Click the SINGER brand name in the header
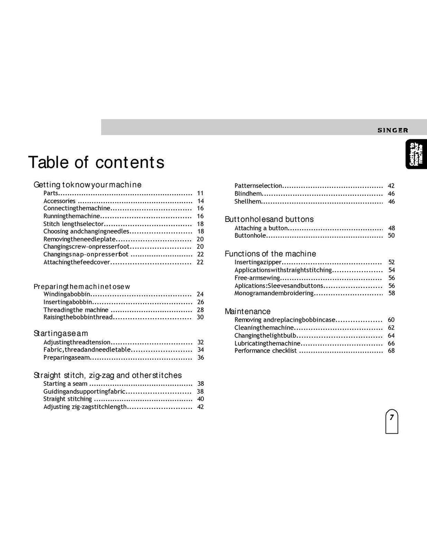[x=393, y=130]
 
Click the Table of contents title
[x=96, y=162]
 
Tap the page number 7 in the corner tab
[x=392, y=417]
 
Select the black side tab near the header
[x=416, y=154]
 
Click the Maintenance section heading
[x=248, y=312]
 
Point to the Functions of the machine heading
[x=270, y=254]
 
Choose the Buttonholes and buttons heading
[x=269, y=219]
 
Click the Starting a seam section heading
[x=61, y=333]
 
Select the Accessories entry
[x=60, y=201]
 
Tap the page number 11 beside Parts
[x=200, y=193]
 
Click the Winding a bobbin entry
[x=67, y=294]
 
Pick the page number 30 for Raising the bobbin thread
[x=200, y=317]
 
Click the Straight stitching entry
[x=68, y=399]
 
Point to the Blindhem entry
[x=248, y=194]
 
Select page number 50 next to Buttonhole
[x=391, y=236]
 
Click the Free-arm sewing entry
[x=257, y=278]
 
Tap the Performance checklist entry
[x=266, y=351]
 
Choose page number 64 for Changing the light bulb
[x=391, y=336]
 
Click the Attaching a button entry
[x=261, y=228]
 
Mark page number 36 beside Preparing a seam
[x=201, y=358]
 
